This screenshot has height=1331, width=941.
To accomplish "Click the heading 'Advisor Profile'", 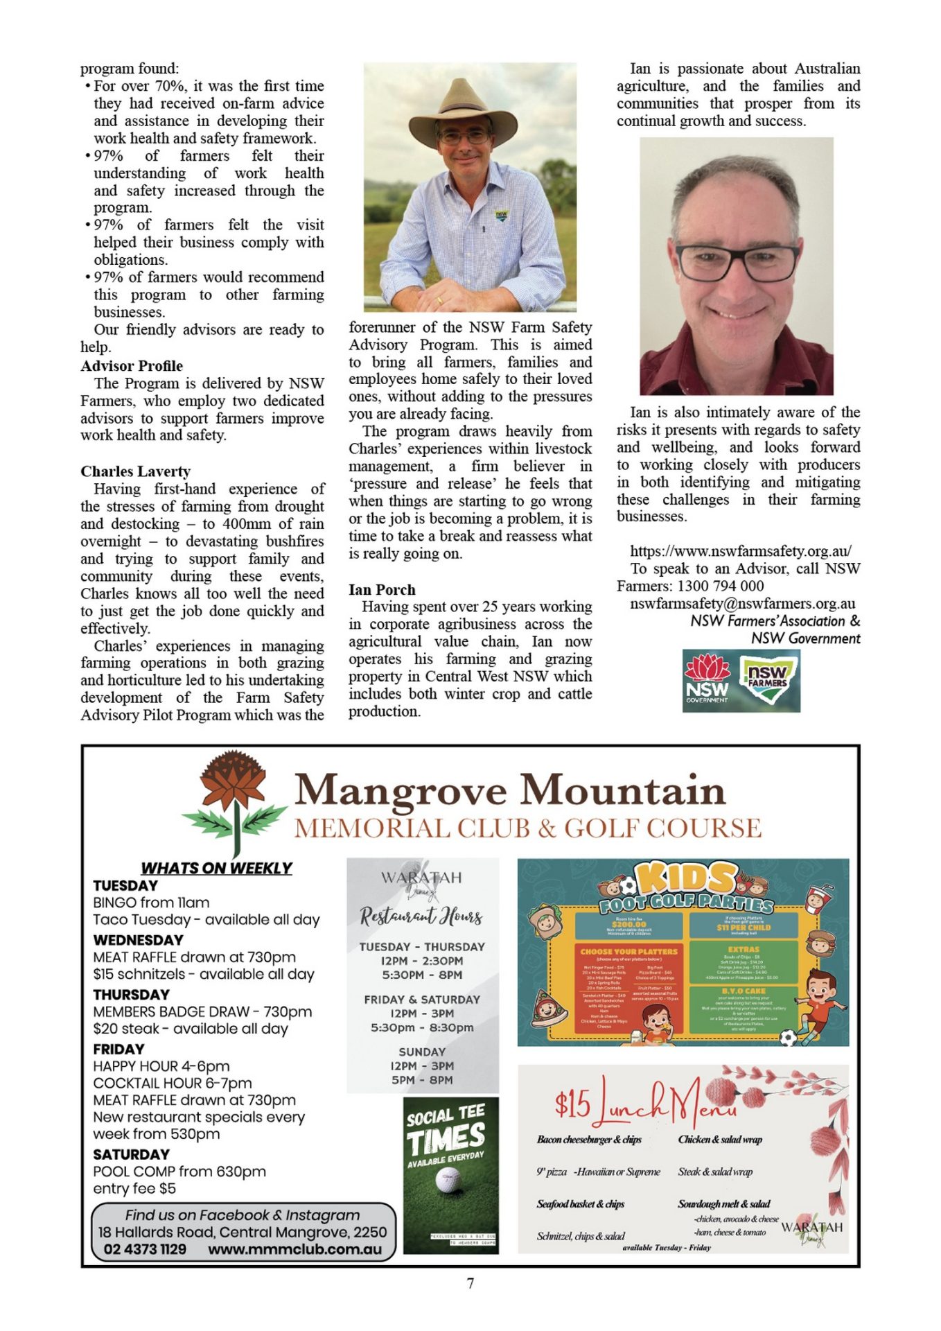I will [x=132, y=366].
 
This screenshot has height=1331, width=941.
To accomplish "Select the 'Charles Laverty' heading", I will [x=135, y=471].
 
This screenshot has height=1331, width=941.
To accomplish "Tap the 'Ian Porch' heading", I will [x=382, y=590].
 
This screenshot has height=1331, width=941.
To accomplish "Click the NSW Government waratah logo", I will [x=707, y=680].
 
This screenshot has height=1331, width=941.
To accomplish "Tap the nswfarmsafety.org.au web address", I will [x=741, y=551].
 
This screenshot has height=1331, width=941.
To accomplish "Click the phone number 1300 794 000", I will [x=721, y=586].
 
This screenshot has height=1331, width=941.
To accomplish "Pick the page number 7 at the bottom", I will [x=470, y=1284].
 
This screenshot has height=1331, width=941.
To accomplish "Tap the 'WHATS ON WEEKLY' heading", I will [x=216, y=868].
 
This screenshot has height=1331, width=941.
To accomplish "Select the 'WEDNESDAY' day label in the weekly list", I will [x=138, y=940].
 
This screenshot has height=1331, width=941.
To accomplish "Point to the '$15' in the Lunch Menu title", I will [x=572, y=1104].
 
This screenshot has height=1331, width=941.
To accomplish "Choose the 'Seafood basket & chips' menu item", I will [x=580, y=1204].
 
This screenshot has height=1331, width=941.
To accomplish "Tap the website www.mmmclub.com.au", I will [x=294, y=1249].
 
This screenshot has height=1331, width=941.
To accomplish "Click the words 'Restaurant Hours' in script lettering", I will [x=421, y=916].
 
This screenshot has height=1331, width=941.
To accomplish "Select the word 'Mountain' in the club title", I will [x=622, y=791].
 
